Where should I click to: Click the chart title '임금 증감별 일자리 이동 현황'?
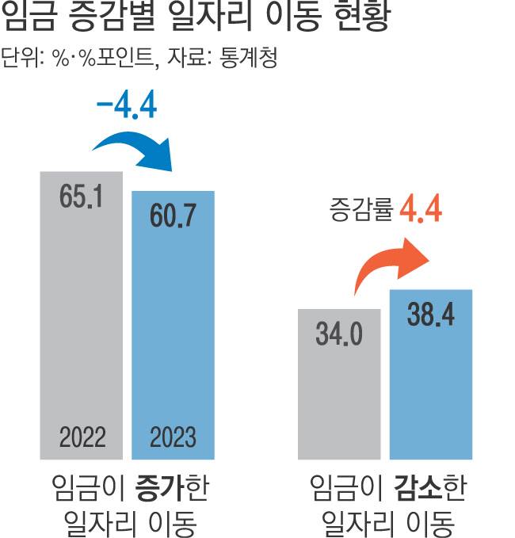click(196, 17)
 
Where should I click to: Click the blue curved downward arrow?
click(134, 149)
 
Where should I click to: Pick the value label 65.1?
click(82, 197)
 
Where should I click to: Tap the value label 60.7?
click(173, 215)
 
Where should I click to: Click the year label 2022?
click(82, 437)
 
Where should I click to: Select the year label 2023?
click(173, 437)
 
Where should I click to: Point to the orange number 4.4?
click(420, 211)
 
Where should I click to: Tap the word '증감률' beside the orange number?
click(361, 212)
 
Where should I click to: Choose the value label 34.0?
click(339, 334)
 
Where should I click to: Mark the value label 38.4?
click(430, 315)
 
